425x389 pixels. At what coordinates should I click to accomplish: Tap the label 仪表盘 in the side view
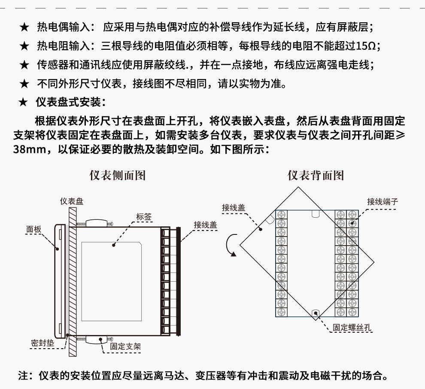(x=72, y=201)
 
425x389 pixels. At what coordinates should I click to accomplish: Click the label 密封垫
(x=42, y=343)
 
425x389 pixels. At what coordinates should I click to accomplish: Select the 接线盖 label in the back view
(x=234, y=207)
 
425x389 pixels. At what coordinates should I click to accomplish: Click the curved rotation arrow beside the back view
(x=230, y=245)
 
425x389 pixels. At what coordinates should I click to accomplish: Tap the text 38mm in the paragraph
(x=30, y=151)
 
